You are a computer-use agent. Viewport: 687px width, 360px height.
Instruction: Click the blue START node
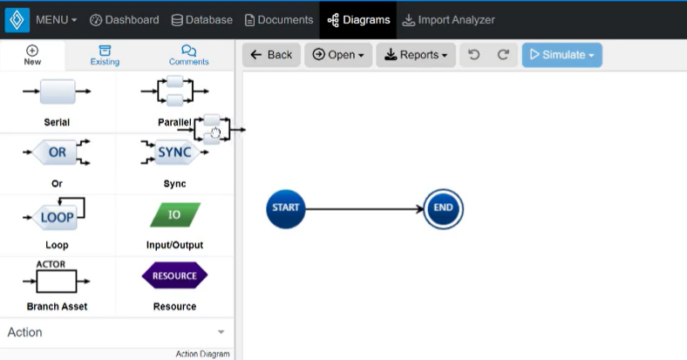pyautogui.click(x=286, y=208)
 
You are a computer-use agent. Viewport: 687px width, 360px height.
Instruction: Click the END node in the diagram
pyautogui.click(x=443, y=208)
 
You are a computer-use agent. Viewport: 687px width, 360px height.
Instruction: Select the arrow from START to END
pyautogui.click(x=364, y=209)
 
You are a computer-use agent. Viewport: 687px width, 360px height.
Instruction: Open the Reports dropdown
pyautogui.click(x=417, y=55)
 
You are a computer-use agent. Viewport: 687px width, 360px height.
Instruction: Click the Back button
pyautogui.click(x=271, y=55)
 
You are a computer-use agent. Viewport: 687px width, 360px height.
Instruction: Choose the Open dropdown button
pyautogui.click(x=337, y=55)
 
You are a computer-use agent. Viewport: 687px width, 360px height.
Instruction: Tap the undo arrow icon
pyautogui.click(x=474, y=55)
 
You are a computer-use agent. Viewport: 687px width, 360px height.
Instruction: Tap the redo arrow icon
pyautogui.click(x=503, y=55)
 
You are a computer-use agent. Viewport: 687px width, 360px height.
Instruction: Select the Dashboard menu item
pyautogui.click(x=125, y=19)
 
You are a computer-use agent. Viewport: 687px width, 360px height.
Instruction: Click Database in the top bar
pyautogui.click(x=201, y=19)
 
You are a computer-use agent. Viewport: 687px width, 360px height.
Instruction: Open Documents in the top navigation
pyautogui.click(x=279, y=19)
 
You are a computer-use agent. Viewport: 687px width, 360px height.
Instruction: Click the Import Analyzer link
pyautogui.click(x=448, y=19)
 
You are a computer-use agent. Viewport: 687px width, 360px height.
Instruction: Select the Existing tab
pyautogui.click(x=105, y=56)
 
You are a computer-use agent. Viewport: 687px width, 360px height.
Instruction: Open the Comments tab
pyautogui.click(x=188, y=56)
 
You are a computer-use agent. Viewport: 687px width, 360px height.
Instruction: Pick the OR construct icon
pyautogui.click(x=57, y=153)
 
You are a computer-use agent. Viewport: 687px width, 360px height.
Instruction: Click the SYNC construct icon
pyautogui.click(x=173, y=153)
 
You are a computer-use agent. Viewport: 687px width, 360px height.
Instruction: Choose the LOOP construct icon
pyautogui.click(x=57, y=214)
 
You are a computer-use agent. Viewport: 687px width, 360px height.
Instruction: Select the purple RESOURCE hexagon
pyautogui.click(x=174, y=275)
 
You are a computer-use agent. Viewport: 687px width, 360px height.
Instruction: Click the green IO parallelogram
pyautogui.click(x=174, y=214)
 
